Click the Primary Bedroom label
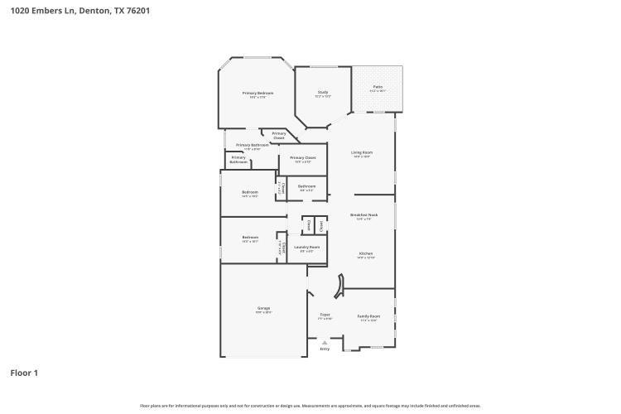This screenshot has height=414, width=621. (258, 93)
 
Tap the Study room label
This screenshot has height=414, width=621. (323, 92)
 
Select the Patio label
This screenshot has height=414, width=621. (378, 86)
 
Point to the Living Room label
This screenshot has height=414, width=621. (361, 152)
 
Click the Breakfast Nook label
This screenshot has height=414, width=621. (366, 215)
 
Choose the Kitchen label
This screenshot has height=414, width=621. (366, 253)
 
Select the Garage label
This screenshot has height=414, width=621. (263, 309)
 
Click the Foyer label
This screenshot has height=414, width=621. (325, 315)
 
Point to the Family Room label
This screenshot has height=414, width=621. (368, 315)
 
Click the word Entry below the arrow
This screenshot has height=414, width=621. (325, 349)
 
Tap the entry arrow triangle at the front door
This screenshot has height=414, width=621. (325, 341)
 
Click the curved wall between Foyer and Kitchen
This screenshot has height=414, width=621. (339, 286)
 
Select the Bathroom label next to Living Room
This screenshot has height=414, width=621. (306, 186)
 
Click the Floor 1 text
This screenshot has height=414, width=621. (24, 373)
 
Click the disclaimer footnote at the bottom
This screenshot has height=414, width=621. (310, 406)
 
